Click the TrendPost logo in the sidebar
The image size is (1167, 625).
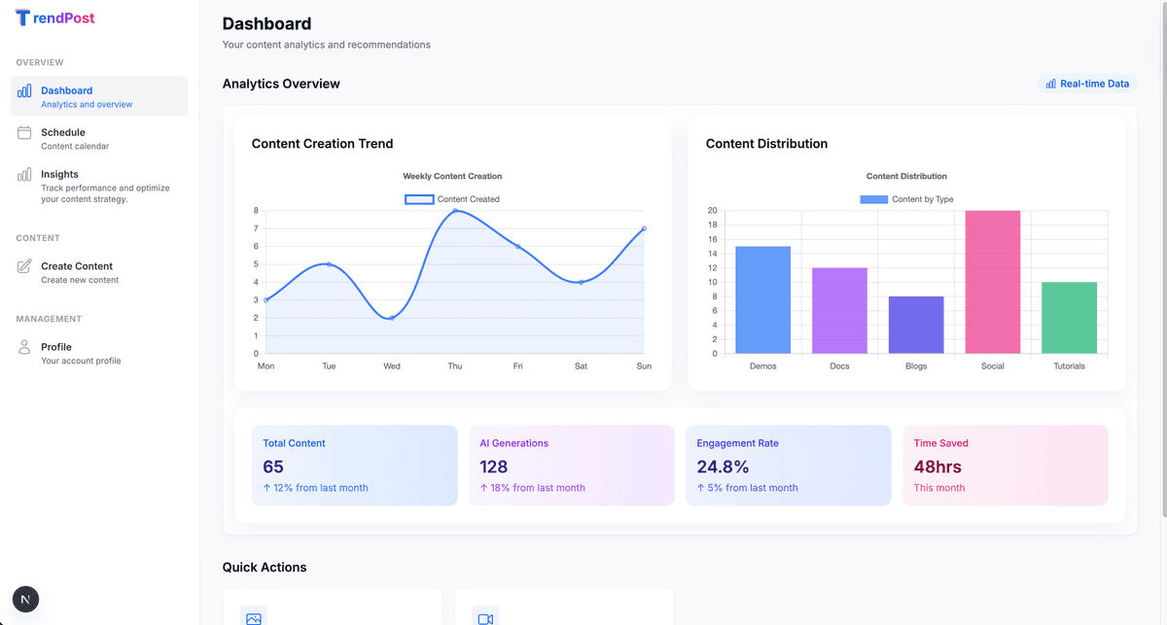click(55, 17)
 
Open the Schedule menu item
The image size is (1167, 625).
click(63, 132)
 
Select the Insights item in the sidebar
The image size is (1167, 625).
click(59, 175)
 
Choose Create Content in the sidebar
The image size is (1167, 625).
click(77, 266)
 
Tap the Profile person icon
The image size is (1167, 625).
click(24, 347)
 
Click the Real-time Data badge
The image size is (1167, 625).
click(1086, 84)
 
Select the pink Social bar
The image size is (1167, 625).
click(993, 282)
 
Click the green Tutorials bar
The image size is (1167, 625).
click(1069, 318)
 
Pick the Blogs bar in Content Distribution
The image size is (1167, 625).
click(916, 325)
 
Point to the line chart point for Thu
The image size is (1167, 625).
click(455, 211)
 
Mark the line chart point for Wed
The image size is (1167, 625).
click(392, 318)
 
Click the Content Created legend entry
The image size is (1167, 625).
click(452, 199)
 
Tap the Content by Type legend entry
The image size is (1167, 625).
click(906, 199)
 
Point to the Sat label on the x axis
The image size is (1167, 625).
click(581, 366)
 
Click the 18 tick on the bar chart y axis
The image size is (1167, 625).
click(712, 225)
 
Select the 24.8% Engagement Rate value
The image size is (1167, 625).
click(723, 467)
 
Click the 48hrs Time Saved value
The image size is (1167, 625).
click(939, 467)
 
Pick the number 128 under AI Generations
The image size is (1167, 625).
click(494, 467)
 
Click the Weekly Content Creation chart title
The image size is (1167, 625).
click(452, 176)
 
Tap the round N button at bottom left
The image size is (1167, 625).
click(25, 600)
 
